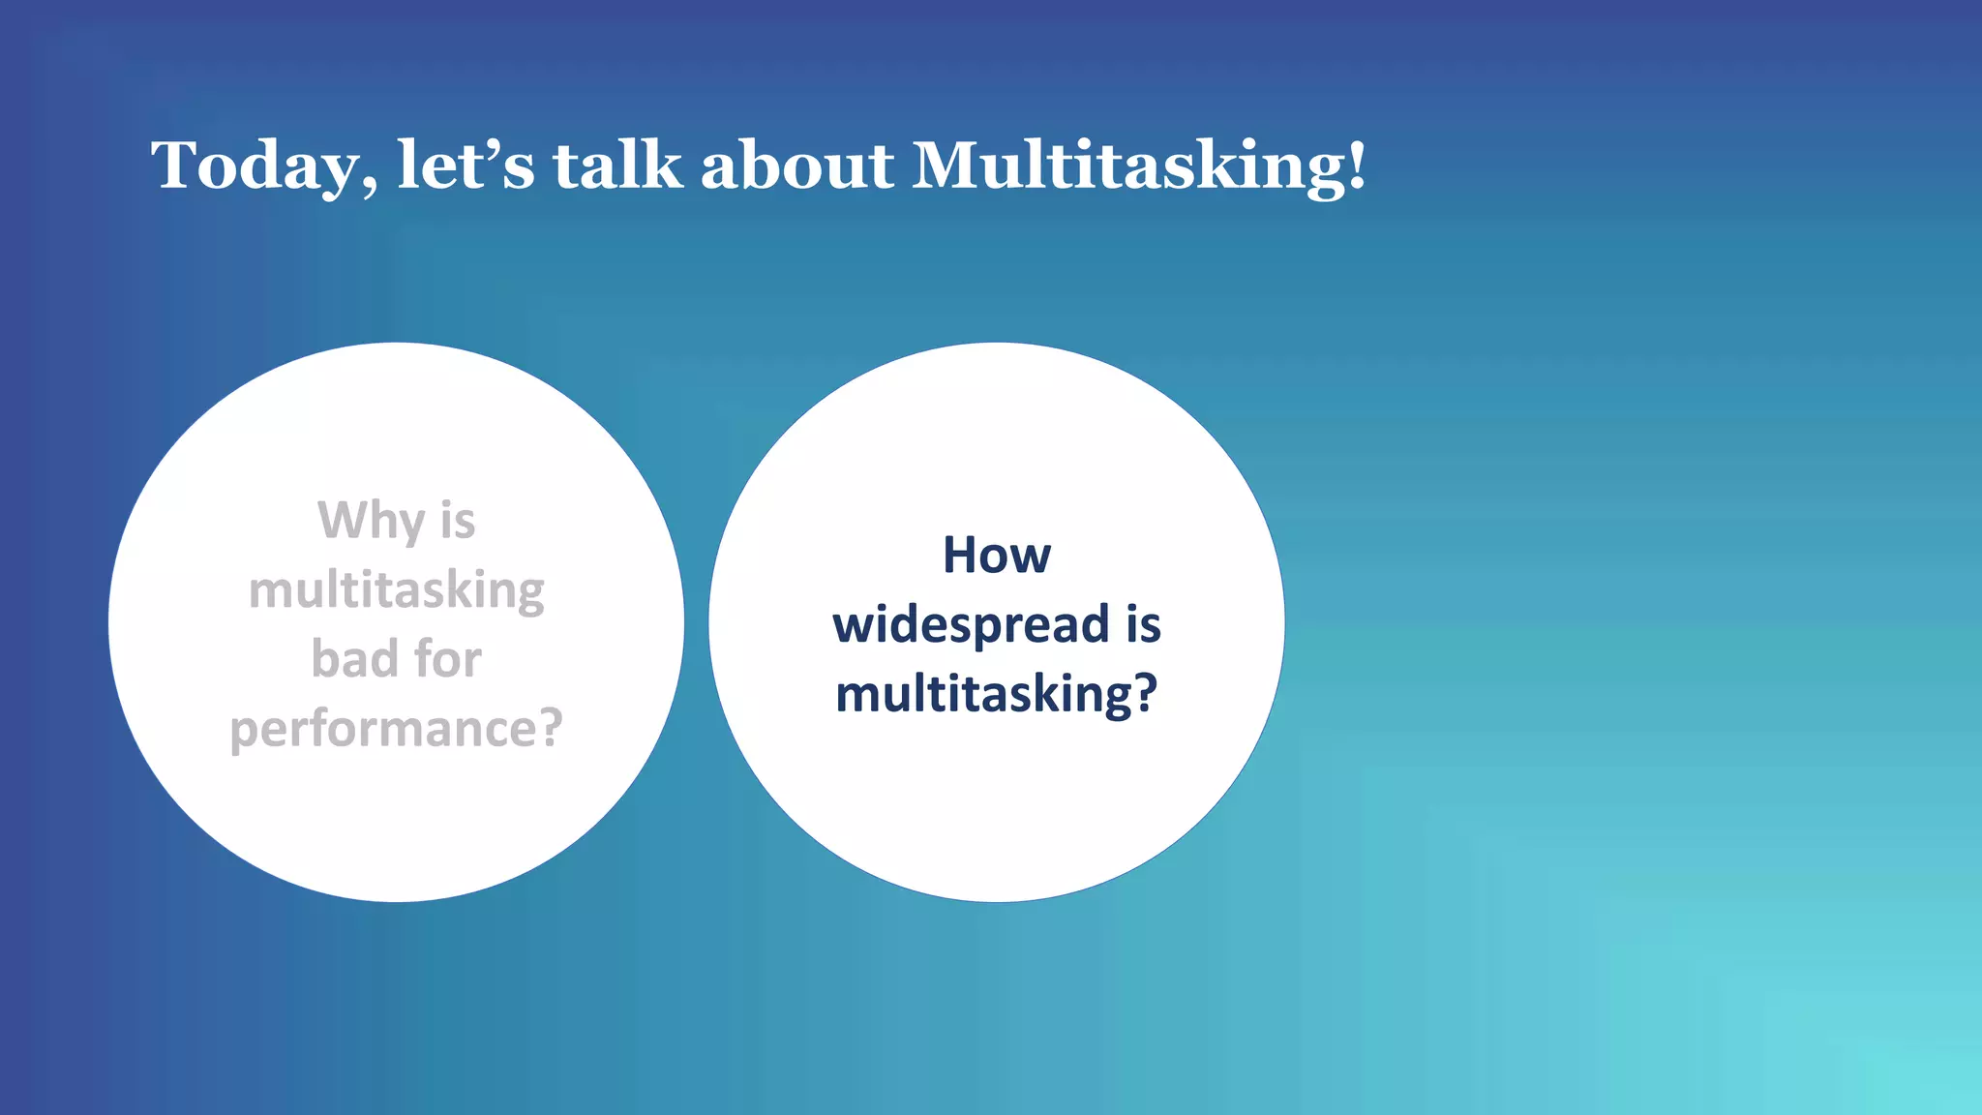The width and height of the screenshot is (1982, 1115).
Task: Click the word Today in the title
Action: (x=254, y=166)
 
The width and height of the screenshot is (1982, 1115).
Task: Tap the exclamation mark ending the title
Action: (x=1357, y=165)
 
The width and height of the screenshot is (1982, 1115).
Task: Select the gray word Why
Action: (x=371, y=521)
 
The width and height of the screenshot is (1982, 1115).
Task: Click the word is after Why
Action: (x=458, y=521)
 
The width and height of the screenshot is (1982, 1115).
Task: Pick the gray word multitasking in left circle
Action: (x=397, y=590)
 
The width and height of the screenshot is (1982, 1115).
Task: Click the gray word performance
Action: (x=384, y=730)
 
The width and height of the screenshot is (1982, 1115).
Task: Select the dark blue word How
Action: (x=997, y=556)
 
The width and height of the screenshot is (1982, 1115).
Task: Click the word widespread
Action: (x=971, y=625)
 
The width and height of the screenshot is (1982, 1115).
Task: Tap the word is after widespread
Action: (x=1143, y=624)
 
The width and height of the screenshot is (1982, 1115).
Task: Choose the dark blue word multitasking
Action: (x=983, y=695)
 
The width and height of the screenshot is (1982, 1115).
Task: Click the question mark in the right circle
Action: (x=1146, y=693)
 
